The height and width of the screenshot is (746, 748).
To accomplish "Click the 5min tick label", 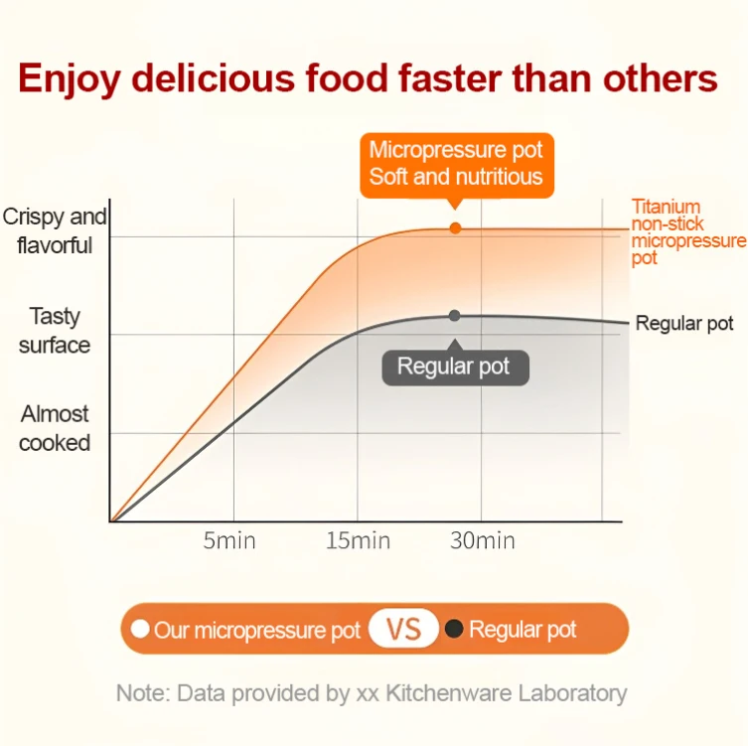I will coord(229,541).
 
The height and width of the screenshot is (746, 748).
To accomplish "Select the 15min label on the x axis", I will coord(358,541).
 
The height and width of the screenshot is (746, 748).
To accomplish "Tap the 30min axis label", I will coord(482,541).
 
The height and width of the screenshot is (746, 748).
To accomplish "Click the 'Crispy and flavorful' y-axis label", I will coord(55,230).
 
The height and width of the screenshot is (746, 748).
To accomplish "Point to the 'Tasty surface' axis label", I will coord(55,331).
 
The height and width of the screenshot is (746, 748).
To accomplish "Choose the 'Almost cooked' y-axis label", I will coord(55,428).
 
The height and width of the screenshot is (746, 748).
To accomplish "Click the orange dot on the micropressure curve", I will coord(456,227).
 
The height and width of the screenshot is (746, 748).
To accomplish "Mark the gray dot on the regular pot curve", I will coord(454,315).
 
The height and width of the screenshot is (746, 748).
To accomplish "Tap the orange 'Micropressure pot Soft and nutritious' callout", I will coord(456,164).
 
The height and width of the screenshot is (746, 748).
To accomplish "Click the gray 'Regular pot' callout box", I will coord(453,367).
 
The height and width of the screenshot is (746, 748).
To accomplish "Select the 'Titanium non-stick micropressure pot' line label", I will coord(686,232).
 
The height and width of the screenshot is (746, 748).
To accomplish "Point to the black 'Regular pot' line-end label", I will coord(684,323).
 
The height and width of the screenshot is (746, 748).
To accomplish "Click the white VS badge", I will coord(404,629).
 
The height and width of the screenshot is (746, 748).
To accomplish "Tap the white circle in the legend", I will coord(140,629).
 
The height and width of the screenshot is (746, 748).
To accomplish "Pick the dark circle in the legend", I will coord(454,629).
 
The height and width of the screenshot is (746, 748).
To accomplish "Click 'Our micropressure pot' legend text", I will coord(256,630).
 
